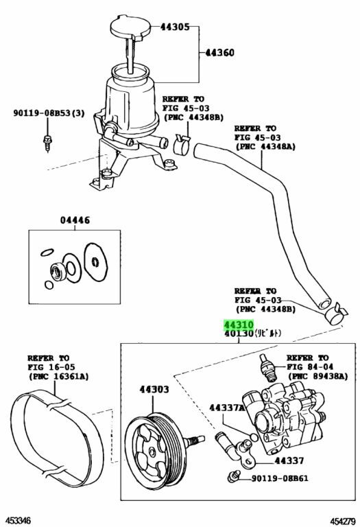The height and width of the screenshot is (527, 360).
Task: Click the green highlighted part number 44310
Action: pyautogui.click(x=239, y=325)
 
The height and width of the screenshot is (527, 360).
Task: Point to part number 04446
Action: pyautogui.click(x=75, y=220)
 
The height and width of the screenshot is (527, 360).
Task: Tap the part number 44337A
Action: pyautogui.click(x=227, y=408)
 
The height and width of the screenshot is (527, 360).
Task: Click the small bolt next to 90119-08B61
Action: pyautogui.click(x=232, y=477)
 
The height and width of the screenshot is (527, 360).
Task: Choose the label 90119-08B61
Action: pyautogui.click(x=279, y=478)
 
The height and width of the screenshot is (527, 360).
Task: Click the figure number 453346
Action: pyautogui.click(x=16, y=521)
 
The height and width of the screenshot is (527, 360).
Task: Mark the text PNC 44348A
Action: pyautogui.click(x=265, y=147)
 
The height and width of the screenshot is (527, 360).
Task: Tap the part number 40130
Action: pyautogui.click(x=239, y=333)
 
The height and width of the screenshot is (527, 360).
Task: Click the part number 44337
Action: pyautogui.click(x=289, y=460)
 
